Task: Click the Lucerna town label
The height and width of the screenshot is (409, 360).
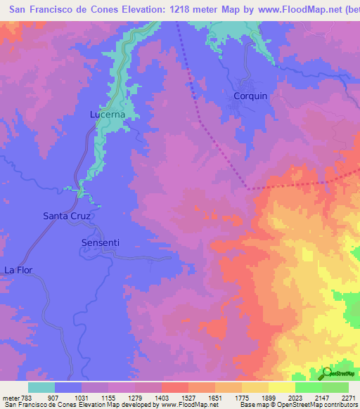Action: point(107,114)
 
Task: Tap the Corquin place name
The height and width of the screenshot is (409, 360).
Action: point(250,96)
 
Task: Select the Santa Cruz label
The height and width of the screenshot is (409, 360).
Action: point(67,216)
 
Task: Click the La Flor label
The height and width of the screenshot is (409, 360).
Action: point(18,270)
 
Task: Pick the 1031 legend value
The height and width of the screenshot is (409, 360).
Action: point(82,397)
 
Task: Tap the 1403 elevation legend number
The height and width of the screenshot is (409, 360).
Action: point(162,397)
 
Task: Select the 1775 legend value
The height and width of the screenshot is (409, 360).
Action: point(241,397)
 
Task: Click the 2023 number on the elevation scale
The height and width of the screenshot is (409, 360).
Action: point(295,397)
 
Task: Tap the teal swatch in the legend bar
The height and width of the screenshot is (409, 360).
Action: point(41,387)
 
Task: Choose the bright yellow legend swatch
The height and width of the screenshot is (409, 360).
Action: point(282,387)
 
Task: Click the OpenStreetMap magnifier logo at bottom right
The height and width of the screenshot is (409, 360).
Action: point(327,372)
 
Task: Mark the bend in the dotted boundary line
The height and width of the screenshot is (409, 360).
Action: point(248,188)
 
